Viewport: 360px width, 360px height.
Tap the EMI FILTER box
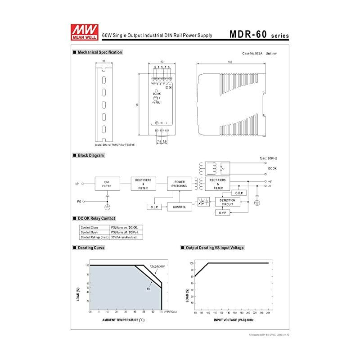click(107, 184)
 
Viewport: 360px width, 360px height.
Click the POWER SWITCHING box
click(179, 184)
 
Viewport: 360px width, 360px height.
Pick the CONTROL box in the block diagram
click(179, 207)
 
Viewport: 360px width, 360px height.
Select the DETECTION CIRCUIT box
click(227, 202)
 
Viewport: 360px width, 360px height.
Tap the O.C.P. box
click(238, 193)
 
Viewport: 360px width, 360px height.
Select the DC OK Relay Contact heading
click(96, 218)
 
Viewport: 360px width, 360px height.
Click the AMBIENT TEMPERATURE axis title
click(123, 320)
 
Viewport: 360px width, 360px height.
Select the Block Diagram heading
click(91, 155)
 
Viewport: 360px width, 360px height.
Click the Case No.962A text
click(252, 54)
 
